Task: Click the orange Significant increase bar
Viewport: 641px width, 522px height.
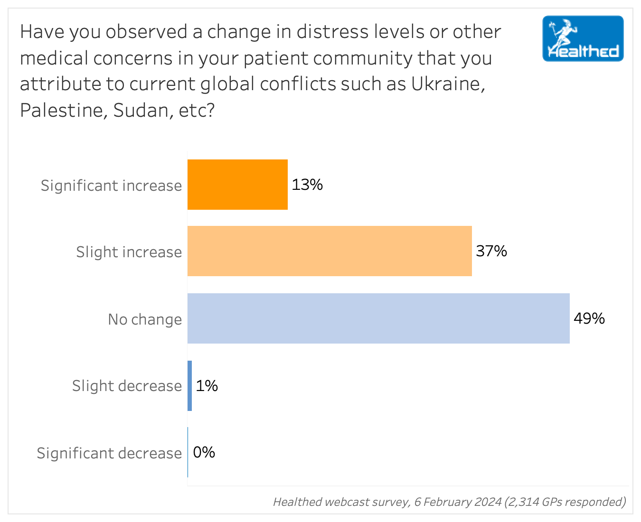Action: pos(237,185)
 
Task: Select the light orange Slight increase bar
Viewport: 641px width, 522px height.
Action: pos(330,251)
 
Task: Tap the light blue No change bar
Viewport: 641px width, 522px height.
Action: pos(378,318)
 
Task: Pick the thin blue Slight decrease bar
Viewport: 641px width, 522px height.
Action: pos(190,385)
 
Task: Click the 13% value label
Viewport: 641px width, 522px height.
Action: pos(307,185)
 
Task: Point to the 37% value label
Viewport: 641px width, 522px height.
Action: pos(491,251)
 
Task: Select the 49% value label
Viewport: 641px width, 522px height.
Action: pos(589,318)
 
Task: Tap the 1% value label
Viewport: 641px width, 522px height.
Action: pos(207,386)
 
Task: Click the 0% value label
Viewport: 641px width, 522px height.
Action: pos(204,452)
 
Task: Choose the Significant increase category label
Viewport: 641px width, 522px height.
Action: pos(111,186)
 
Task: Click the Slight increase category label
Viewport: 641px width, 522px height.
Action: pos(129,252)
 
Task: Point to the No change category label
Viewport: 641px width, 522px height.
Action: pos(145,319)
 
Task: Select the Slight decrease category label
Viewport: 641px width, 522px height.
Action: pos(127,386)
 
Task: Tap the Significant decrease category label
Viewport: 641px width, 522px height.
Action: pos(109,454)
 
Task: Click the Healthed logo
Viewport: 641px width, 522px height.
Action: pos(583,39)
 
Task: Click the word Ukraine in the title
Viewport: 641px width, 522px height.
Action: pos(447,84)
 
